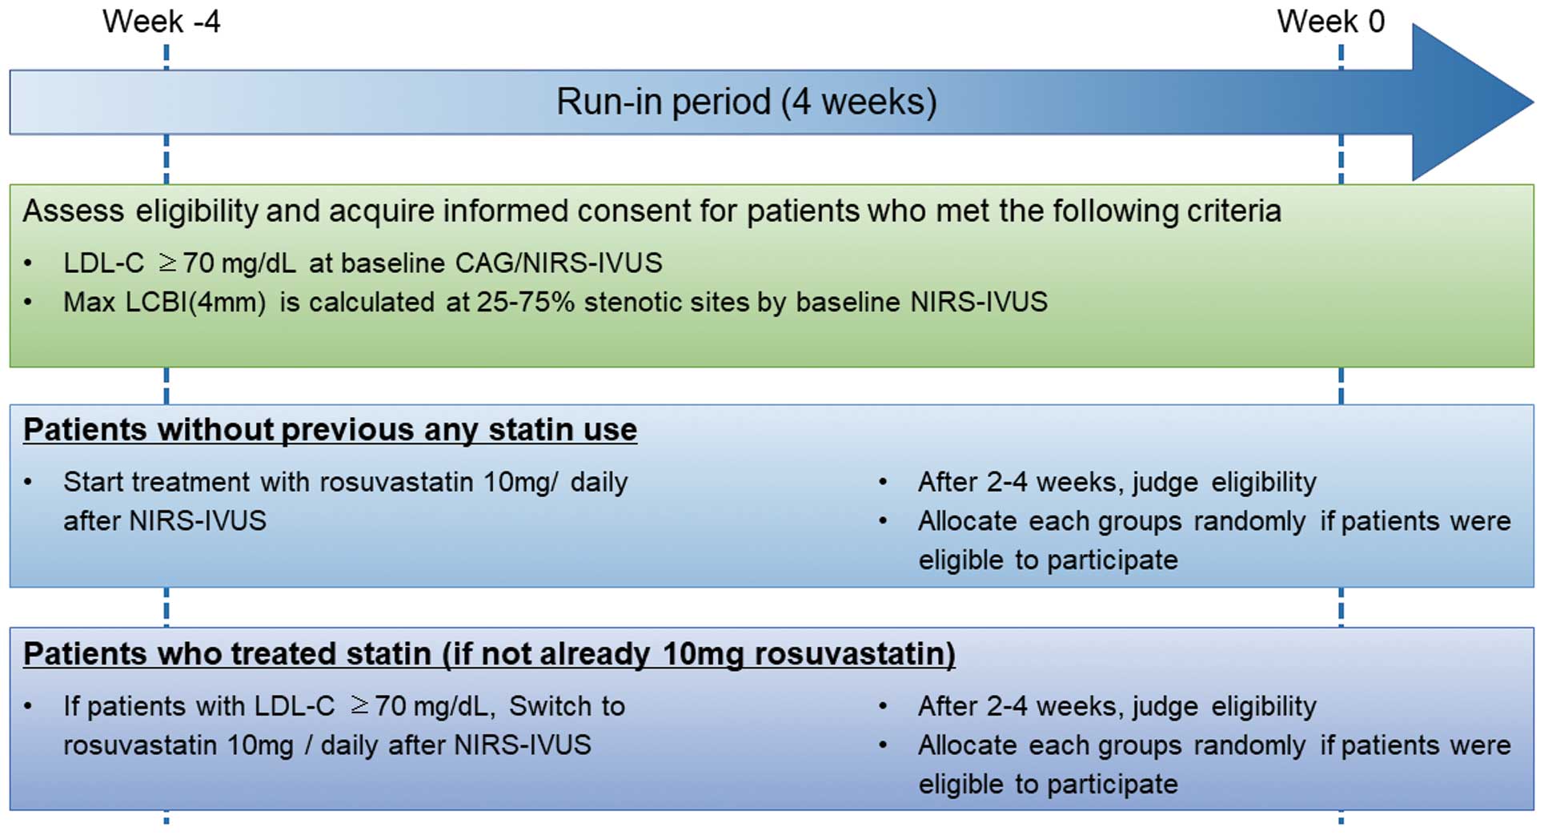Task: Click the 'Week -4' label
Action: [161, 22]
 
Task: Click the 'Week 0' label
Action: [1330, 22]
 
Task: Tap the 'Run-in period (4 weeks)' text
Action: [746, 102]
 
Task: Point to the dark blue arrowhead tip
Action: [1533, 102]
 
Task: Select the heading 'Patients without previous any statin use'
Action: [330, 430]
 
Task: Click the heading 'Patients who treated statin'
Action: [227, 653]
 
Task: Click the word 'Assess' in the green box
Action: [74, 211]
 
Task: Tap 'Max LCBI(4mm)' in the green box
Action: [165, 303]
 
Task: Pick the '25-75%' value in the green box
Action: [526, 302]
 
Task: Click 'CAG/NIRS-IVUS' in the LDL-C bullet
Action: [559, 263]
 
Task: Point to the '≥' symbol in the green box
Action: [167, 263]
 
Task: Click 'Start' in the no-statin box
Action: [94, 482]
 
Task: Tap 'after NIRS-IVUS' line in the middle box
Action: [165, 521]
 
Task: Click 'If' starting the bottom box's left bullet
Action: [71, 706]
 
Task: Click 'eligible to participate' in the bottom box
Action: [1048, 785]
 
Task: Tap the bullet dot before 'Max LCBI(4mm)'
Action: [28, 303]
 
